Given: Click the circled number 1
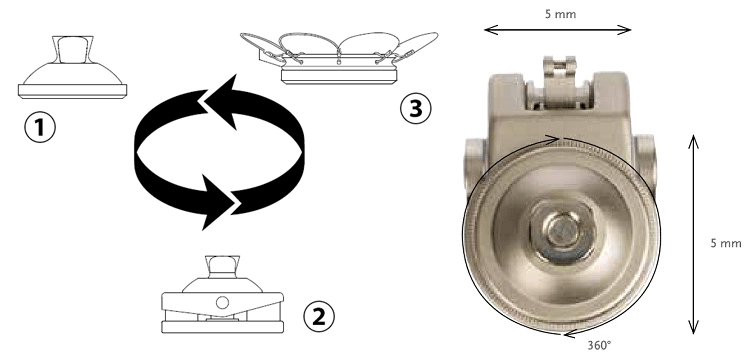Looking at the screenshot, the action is [40, 127].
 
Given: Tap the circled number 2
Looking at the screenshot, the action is [319, 316].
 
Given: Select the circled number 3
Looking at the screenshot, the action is [416, 108].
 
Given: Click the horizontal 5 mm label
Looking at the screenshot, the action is [560, 14].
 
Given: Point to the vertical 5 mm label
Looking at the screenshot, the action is [726, 243].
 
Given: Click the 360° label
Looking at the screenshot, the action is [599, 345].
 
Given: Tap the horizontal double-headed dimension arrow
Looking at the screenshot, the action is [557, 30].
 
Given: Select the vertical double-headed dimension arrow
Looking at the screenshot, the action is [693, 235].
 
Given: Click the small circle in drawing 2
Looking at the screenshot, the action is [222, 303].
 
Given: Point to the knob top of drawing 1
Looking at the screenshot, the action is [70, 49].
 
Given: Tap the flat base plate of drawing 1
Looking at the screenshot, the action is [72, 91].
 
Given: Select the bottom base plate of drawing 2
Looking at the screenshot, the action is [222, 327].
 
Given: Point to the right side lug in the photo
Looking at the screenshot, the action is [644, 156].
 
